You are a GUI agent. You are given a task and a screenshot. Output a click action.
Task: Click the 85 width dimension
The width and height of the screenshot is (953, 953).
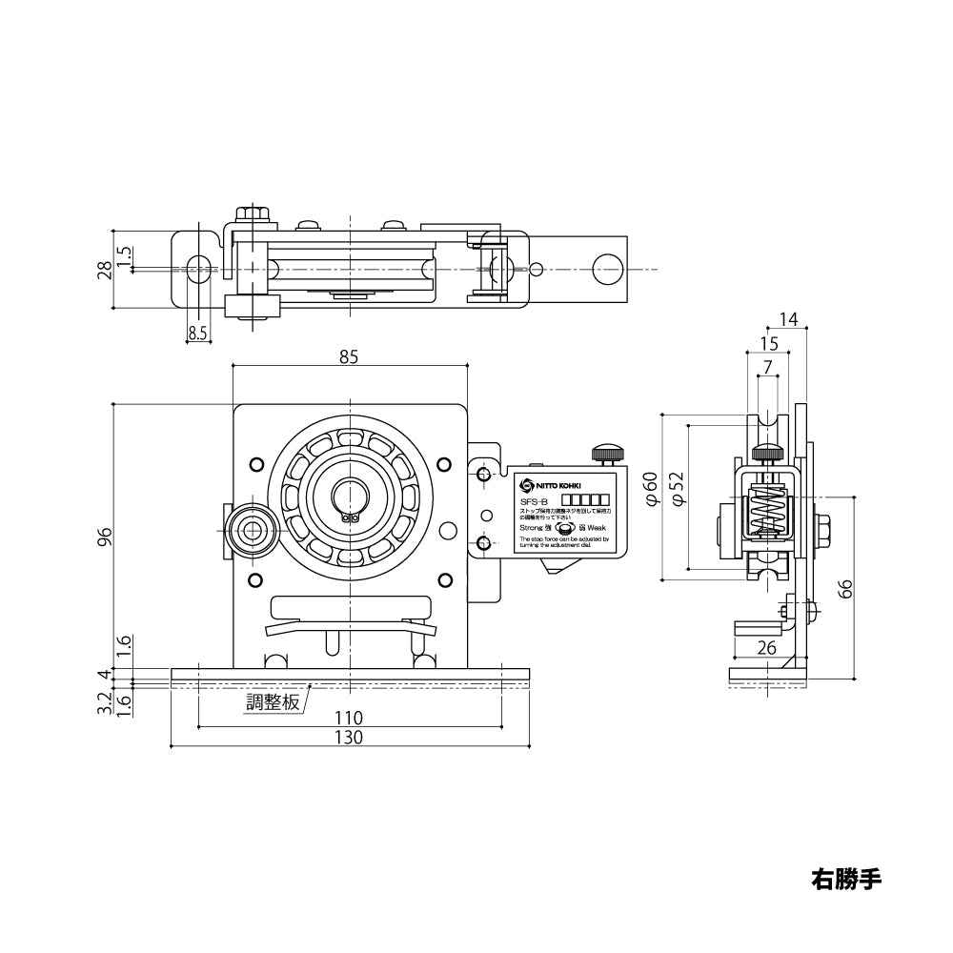349,357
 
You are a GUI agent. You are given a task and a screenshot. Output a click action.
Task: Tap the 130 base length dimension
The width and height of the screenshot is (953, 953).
349,737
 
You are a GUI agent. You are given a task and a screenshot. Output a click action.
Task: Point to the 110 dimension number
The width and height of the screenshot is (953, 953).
349,717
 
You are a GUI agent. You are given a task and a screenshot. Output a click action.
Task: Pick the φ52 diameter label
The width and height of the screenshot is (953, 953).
677,488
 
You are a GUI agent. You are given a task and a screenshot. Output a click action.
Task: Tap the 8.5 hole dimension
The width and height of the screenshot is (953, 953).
197,333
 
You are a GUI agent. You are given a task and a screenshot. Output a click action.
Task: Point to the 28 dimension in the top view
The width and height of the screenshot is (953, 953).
107,270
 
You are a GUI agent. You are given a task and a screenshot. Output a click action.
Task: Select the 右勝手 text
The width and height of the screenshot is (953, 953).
846,877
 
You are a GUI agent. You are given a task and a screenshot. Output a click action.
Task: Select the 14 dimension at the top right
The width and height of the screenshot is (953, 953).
788,319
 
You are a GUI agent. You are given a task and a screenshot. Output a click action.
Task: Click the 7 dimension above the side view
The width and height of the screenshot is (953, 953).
768,365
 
